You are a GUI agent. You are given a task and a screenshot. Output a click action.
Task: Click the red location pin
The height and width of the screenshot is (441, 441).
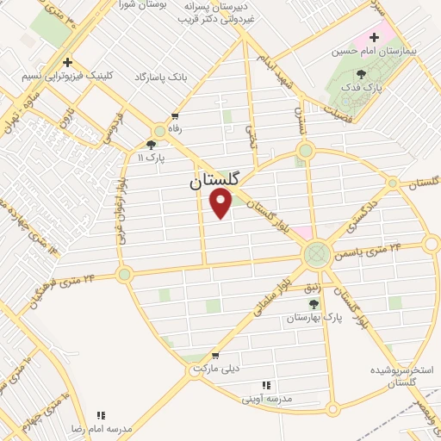coord(221,203)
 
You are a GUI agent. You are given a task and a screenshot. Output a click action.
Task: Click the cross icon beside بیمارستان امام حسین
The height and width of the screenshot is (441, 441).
coord(374,38)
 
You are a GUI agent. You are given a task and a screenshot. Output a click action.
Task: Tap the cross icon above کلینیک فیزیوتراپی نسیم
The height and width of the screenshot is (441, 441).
coord(66,63)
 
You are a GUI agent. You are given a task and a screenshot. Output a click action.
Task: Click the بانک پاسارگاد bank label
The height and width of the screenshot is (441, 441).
coord(160,78)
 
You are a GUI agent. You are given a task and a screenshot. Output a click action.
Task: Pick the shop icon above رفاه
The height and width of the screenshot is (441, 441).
coord(176,116)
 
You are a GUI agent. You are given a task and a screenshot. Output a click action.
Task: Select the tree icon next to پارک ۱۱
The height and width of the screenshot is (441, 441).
coord(152,145)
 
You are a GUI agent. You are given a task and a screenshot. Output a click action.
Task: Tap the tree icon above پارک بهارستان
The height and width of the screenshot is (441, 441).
coord(314,304)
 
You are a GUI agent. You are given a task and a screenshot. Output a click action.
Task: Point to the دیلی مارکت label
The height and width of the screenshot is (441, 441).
coord(214,368)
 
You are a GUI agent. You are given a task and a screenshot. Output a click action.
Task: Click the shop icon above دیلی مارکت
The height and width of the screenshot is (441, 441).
coord(214,355)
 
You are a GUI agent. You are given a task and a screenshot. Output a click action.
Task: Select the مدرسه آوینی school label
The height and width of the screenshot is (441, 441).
coord(267,399)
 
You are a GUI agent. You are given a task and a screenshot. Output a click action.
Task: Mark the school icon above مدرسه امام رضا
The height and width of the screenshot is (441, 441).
coord(101,415)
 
